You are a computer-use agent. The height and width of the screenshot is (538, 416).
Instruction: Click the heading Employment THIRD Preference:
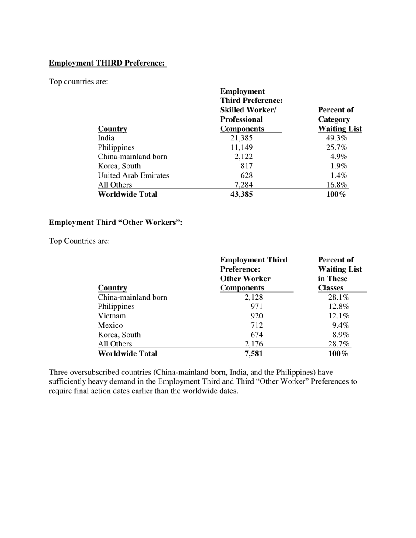pyautogui.click(x=107, y=63)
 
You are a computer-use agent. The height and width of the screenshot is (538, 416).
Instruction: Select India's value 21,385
pyautogui.click(x=241, y=138)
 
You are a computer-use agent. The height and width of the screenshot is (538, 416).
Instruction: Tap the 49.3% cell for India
pyautogui.click(x=336, y=138)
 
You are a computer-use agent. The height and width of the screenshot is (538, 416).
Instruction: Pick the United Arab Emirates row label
pyautogui.click(x=134, y=175)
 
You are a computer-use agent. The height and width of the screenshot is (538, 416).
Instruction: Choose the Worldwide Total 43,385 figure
pyautogui.click(x=241, y=194)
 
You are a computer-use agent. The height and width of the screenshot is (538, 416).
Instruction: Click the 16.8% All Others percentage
pyautogui.click(x=337, y=185)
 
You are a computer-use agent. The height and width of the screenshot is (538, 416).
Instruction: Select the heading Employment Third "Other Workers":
pyautogui.click(x=116, y=222)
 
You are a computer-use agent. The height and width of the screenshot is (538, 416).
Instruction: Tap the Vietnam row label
pyautogui.click(x=112, y=316)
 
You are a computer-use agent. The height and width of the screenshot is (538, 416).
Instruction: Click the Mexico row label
pyautogui.click(x=110, y=325)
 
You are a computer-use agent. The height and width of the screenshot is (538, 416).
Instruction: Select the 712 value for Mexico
pyautogui.click(x=256, y=325)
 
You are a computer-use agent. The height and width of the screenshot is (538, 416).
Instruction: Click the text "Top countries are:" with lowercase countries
pyautogui.click(x=78, y=82)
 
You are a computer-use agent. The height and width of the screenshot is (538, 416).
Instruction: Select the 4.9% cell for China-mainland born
pyautogui.click(x=338, y=157)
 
